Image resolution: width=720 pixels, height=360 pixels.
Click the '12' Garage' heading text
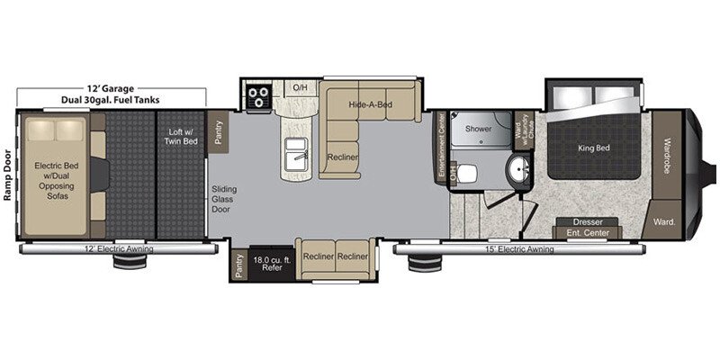pos(112,87)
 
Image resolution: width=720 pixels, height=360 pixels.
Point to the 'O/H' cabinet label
pos(301,87)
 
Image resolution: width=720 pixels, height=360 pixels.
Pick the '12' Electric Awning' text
pos(119,249)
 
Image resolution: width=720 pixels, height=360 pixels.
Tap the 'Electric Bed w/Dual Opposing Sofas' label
pos(58,177)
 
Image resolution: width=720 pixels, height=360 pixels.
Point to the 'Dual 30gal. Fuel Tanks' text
pos(112,100)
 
